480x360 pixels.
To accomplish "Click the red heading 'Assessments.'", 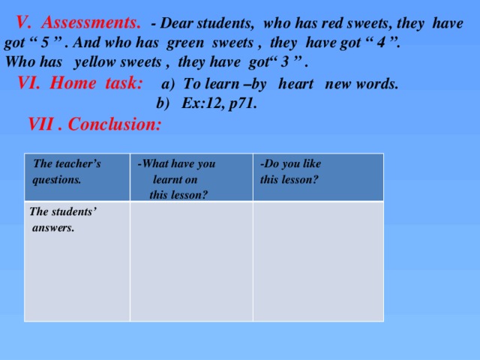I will click(x=90, y=22).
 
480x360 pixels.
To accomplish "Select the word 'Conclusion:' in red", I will click(x=115, y=124).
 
